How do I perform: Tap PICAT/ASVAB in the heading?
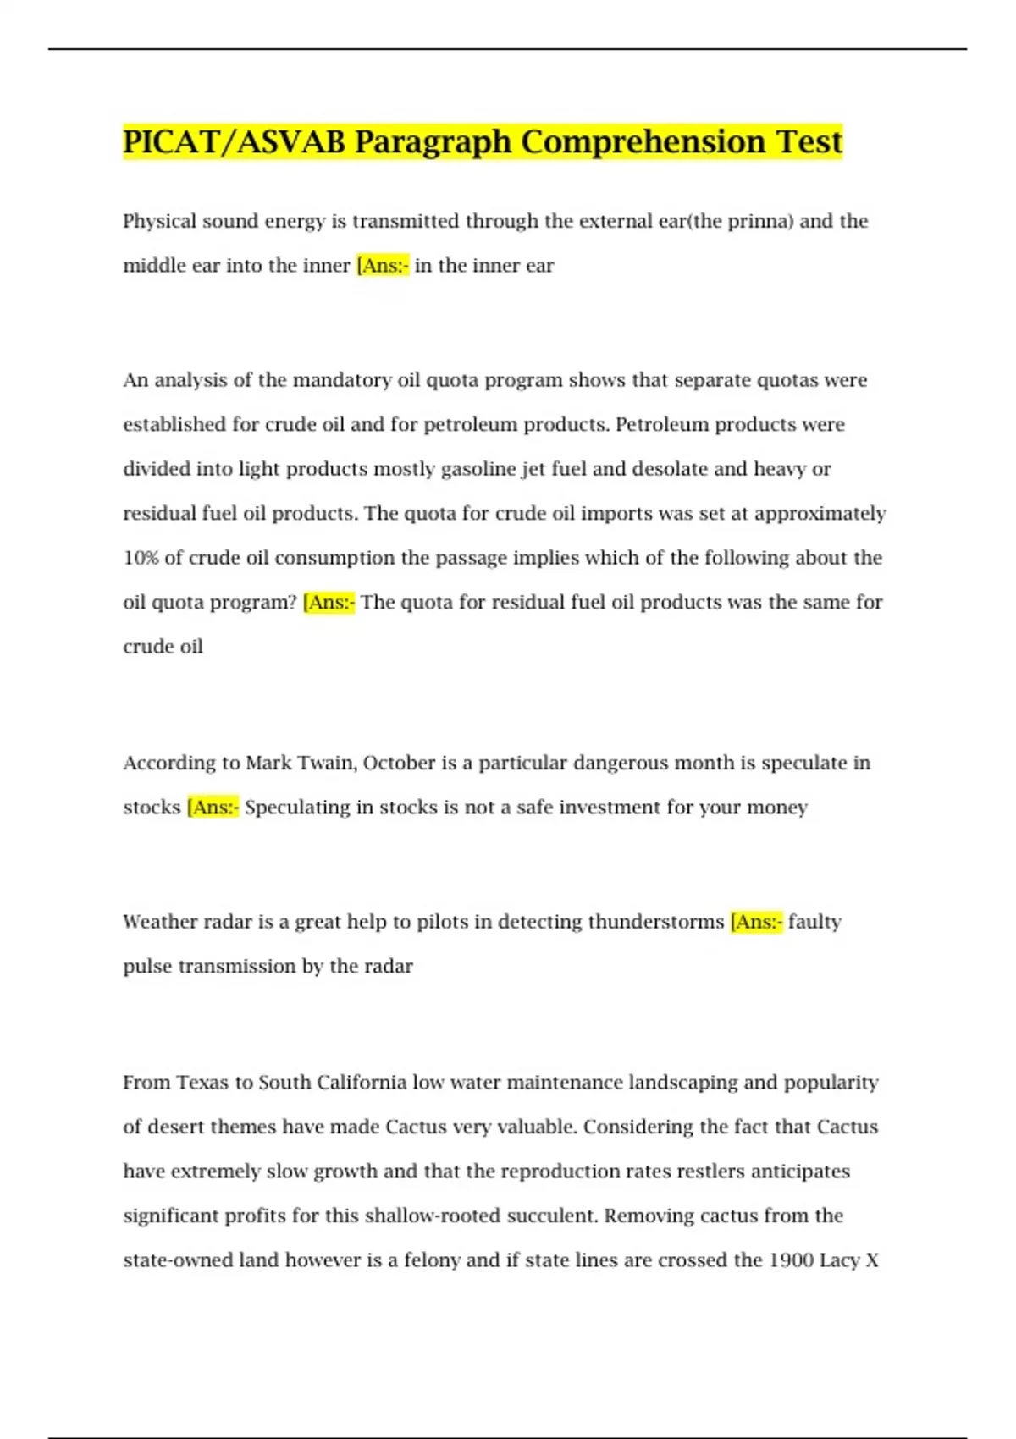coord(234,142)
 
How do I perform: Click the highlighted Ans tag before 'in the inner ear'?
coord(383,266)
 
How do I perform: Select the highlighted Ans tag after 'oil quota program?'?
coord(329,603)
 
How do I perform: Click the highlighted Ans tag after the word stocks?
coord(213,808)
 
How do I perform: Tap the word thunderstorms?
coord(655,922)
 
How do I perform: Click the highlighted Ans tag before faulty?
coord(756,922)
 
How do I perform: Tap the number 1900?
coord(791,1260)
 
